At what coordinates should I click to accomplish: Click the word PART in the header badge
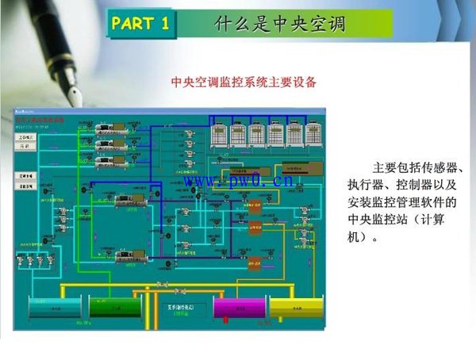point(133,23)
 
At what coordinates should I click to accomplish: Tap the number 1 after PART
point(165,23)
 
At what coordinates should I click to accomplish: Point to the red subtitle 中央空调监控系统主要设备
point(244,82)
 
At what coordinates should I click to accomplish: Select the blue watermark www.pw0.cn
point(240,182)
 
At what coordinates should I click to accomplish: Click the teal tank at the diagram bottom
point(50,307)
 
